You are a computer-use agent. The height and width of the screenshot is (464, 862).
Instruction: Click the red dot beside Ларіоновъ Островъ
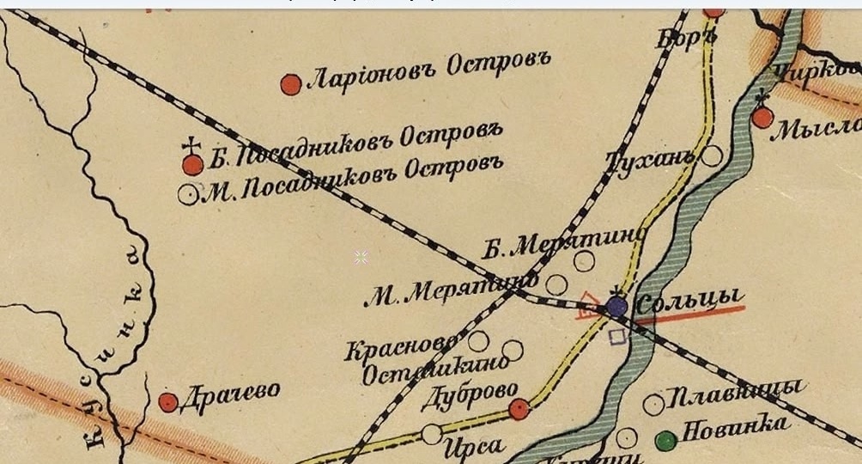tap(291, 84)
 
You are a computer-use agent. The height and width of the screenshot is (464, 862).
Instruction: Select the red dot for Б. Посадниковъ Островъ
tap(193, 164)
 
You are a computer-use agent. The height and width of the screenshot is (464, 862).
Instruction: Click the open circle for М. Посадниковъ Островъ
tap(187, 194)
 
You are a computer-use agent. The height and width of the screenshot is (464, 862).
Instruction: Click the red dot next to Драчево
tap(168, 402)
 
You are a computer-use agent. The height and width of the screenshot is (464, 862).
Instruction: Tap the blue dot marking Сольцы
tap(616, 307)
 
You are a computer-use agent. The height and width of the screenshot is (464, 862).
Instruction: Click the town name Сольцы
tap(687, 300)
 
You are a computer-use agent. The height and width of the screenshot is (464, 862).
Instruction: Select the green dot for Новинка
tap(665, 441)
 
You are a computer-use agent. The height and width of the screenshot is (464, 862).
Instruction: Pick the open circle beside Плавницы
tap(654, 404)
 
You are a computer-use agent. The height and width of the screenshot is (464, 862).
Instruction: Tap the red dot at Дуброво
tap(519, 409)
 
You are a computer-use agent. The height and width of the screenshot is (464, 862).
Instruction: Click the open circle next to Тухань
tap(712, 156)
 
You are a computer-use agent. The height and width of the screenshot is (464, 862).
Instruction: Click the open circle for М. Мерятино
tap(557, 284)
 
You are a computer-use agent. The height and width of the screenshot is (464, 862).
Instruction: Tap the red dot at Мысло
tap(762, 118)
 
